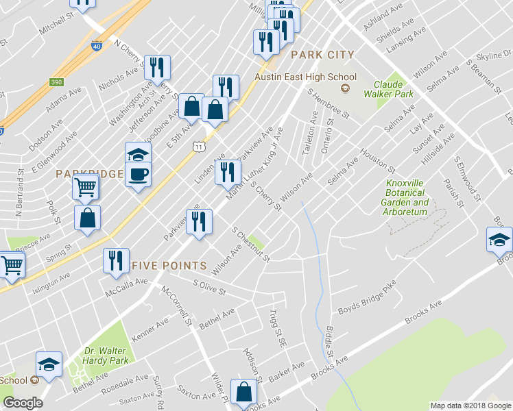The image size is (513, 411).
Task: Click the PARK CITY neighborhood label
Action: tap(322, 55)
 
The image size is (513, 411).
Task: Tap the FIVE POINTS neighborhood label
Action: tap(169, 265)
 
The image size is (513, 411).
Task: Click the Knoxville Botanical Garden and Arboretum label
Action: tap(407, 198)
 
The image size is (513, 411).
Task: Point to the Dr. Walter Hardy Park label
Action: tap(106, 356)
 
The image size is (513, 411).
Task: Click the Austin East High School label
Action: tap(306, 77)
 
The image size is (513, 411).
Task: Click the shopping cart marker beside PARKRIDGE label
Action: tap(86, 186)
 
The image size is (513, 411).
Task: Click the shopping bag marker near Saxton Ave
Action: tap(243, 393)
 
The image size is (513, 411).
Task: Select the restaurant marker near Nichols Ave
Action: tap(158, 67)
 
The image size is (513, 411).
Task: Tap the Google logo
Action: tap(23, 403)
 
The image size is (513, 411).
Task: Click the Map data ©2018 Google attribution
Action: tap(470, 406)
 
